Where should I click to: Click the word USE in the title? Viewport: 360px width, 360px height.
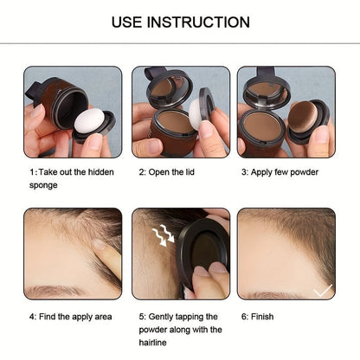click(x=129, y=22)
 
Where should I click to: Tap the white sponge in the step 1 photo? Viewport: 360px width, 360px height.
click(x=89, y=120)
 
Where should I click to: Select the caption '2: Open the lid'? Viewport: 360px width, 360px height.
click(x=173, y=172)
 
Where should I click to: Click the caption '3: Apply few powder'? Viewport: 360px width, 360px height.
click(x=279, y=172)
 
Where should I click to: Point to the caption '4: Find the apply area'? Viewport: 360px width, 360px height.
click(x=70, y=316)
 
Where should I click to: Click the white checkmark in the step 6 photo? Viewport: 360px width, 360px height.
click(x=322, y=291)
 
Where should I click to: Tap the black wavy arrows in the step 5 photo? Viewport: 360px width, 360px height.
click(x=161, y=234)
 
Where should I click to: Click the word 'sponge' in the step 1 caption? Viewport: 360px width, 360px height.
click(x=44, y=185)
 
